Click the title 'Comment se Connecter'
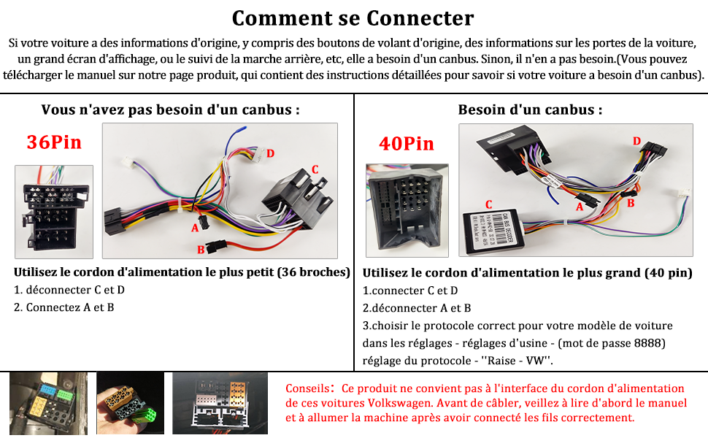[353, 18]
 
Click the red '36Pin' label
[54, 142]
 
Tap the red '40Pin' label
[407, 144]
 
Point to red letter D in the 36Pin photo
[271, 153]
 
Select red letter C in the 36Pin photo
[315, 169]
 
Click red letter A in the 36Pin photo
[195, 228]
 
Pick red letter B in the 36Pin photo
[201, 250]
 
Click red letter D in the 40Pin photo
[636, 141]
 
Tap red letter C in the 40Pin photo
[488, 204]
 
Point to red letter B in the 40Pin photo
[631, 203]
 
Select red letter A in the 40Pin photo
[580, 207]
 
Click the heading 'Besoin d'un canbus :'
[530, 109]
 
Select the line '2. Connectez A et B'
[64, 307]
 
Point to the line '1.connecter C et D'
[410, 291]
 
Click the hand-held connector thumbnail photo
[130, 403]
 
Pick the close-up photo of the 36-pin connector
[54, 212]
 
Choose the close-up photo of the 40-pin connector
[407, 210]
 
